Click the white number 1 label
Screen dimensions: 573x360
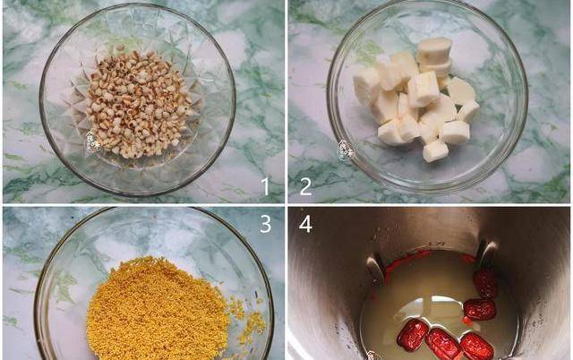tap(266, 186)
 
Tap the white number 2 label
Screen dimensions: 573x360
tap(305, 186)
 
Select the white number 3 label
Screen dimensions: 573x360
tap(266, 224)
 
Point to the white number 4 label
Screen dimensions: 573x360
tap(305, 224)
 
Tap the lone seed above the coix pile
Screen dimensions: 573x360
tap(120, 47)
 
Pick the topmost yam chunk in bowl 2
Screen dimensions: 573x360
tap(434, 50)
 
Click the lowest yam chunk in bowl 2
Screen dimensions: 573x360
tap(435, 150)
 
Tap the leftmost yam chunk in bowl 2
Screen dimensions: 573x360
tap(365, 86)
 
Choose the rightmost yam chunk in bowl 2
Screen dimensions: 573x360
tap(468, 111)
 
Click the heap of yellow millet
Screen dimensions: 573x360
tap(158, 311)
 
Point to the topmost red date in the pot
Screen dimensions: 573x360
tap(485, 284)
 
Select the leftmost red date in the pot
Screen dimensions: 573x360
tap(413, 333)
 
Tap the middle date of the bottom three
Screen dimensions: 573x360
tap(443, 343)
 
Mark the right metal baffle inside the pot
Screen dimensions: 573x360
tap(487, 253)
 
